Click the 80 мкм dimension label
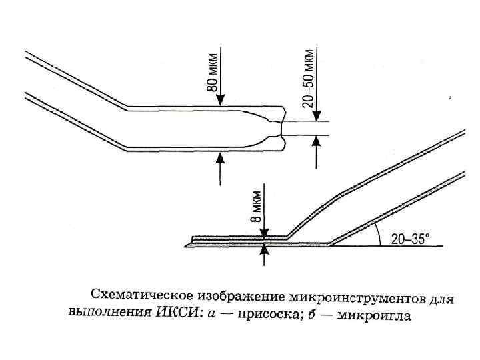(211, 73)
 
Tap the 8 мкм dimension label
(257, 205)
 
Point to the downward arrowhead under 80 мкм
(221, 101)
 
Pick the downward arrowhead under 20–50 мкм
(316, 115)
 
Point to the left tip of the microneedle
(193, 239)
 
